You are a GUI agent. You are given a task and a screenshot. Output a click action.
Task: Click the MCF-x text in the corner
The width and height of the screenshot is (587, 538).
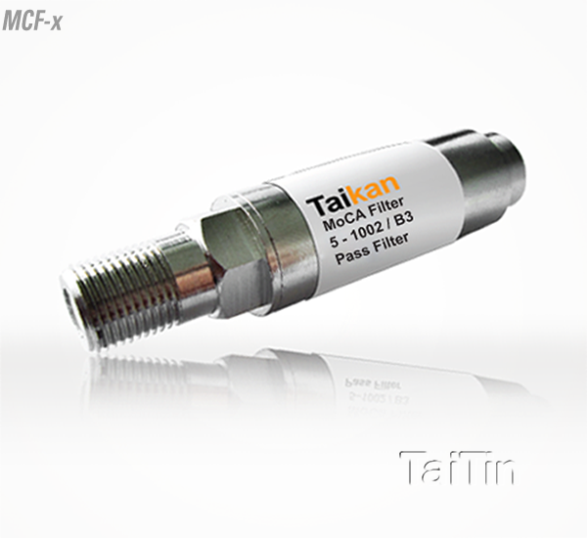coord(32,22)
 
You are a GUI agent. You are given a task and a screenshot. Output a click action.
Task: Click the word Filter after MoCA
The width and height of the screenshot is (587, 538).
coord(388,207)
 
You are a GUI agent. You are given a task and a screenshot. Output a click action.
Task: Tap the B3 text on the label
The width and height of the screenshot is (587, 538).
coord(404,221)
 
